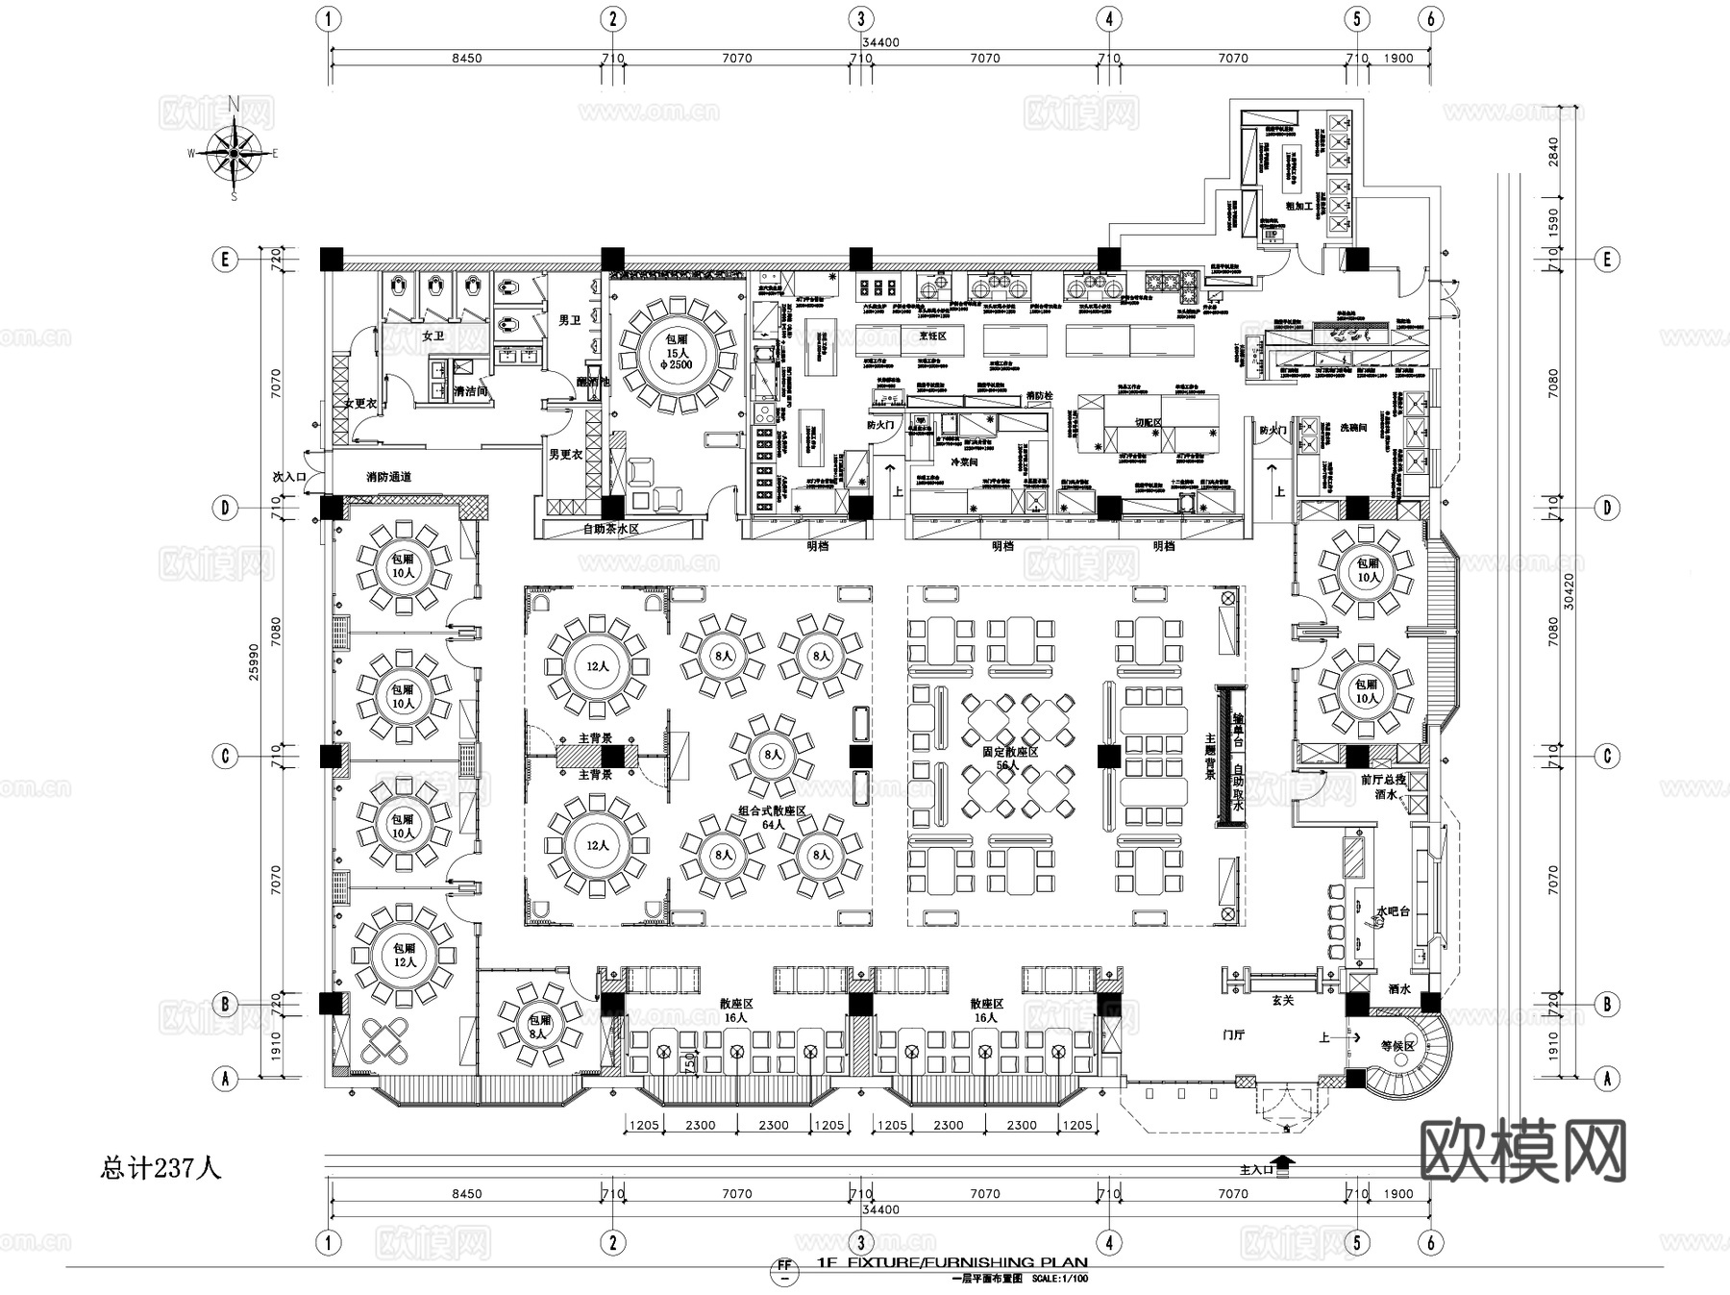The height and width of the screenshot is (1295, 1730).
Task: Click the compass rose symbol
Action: point(235,152)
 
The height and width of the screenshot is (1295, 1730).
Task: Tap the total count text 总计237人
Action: point(161,1168)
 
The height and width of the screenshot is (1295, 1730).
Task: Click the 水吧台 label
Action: point(1393,910)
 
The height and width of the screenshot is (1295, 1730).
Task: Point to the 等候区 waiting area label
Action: point(1397,1046)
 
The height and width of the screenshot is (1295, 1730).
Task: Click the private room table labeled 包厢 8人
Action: point(539,1027)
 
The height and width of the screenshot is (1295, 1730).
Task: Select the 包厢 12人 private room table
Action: point(405,955)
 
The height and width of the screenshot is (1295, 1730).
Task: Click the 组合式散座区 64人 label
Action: point(772,817)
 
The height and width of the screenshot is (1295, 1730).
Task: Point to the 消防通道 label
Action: point(389,477)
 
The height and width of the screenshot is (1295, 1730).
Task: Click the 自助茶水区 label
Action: point(611,529)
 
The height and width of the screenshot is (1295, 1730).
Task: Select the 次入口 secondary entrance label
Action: point(287,476)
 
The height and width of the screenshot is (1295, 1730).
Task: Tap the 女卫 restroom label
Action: point(432,336)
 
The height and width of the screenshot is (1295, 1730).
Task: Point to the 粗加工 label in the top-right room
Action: point(1299,206)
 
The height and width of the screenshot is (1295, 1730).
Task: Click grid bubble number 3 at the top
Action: point(860,18)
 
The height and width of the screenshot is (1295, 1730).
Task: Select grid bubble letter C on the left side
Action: point(225,756)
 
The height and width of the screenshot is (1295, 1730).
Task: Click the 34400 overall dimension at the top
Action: point(880,42)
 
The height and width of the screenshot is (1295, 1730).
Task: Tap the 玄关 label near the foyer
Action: point(1284,1001)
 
